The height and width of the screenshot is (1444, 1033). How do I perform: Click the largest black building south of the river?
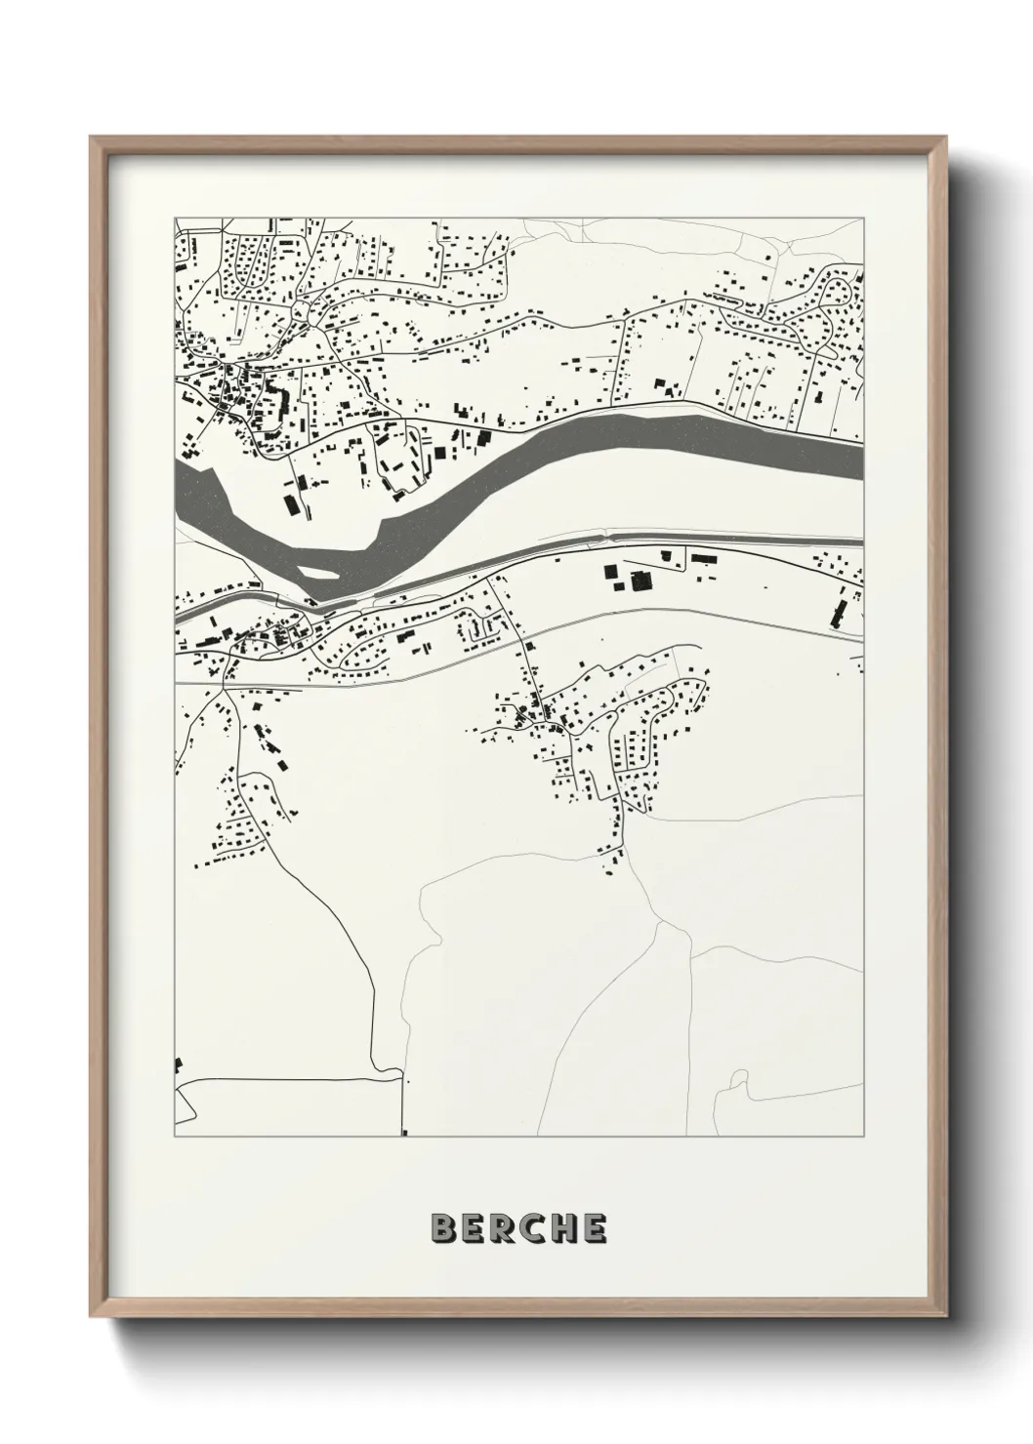(641, 582)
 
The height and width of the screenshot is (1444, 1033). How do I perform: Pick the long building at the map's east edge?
(838, 612)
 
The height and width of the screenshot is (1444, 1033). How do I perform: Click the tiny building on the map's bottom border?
(403, 1133)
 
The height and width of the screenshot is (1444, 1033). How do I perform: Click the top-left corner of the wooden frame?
(92, 139)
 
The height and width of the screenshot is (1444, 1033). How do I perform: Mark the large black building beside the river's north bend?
(290, 504)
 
